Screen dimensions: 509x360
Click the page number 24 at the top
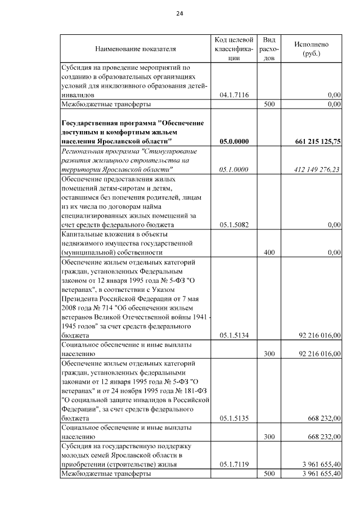(x=180, y=13)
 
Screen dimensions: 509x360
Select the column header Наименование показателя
(x=136, y=48)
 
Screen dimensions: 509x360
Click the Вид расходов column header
(x=269, y=48)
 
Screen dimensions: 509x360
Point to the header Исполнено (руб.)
(x=311, y=48)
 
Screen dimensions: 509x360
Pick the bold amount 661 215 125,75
(x=317, y=141)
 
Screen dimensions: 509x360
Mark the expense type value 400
(x=269, y=253)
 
